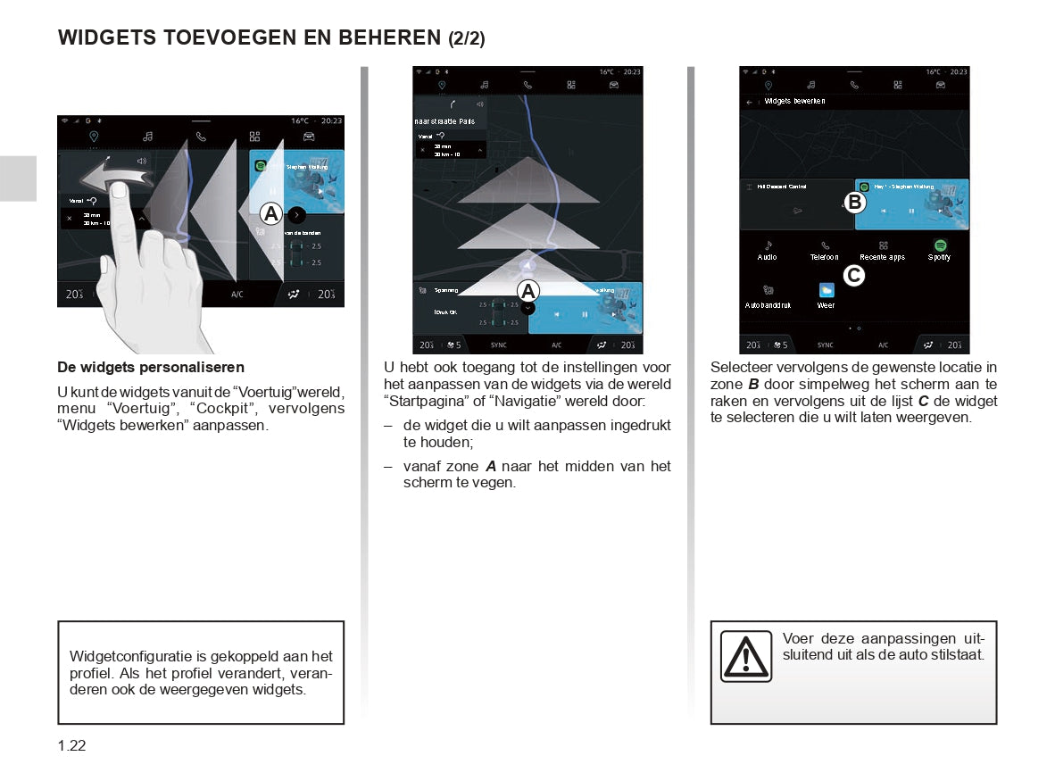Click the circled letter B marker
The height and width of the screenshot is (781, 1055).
[x=854, y=203]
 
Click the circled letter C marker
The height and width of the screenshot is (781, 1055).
[x=854, y=276]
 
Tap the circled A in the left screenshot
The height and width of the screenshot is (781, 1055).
[x=270, y=214]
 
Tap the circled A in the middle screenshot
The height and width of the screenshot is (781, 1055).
[x=527, y=291]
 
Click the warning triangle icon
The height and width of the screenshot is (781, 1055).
[x=746, y=656]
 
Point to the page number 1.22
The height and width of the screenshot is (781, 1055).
[x=72, y=746]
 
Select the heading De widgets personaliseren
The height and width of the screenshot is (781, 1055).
[x=151, y=368]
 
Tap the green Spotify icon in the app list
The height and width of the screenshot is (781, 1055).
[x=940, y=245]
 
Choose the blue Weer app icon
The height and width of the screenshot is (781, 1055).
[x=827, y=290]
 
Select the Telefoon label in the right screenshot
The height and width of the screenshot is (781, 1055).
[x=824, y=258]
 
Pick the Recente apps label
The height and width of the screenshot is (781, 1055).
[x=882, y=258]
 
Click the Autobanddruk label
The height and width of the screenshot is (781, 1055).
[x=768, y=305]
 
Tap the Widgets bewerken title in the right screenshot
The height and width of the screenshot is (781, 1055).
[x=793, y=102]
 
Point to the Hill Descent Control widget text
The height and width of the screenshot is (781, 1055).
[x=781, y=187]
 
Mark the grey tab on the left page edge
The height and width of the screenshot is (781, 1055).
[x=18, y=179]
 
